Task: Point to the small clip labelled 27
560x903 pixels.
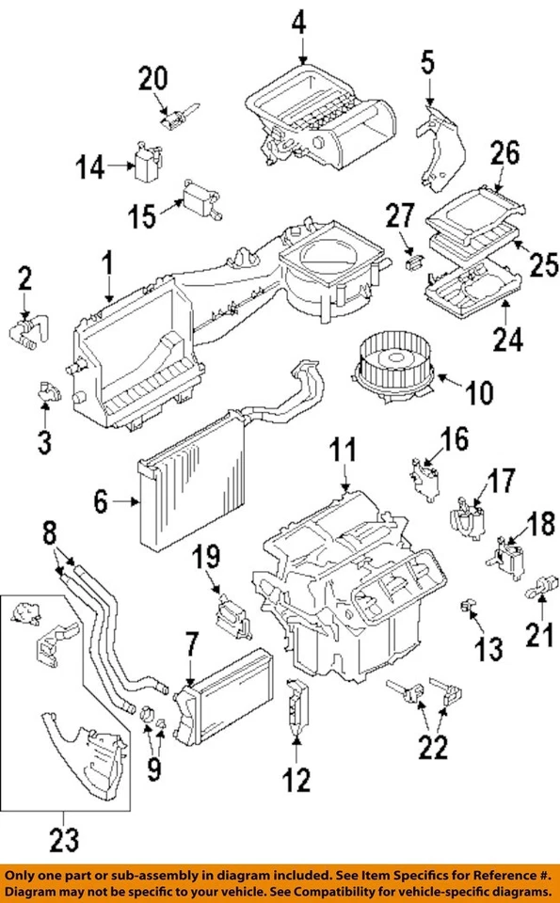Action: point(410,262)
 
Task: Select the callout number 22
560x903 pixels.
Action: point(434,750)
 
